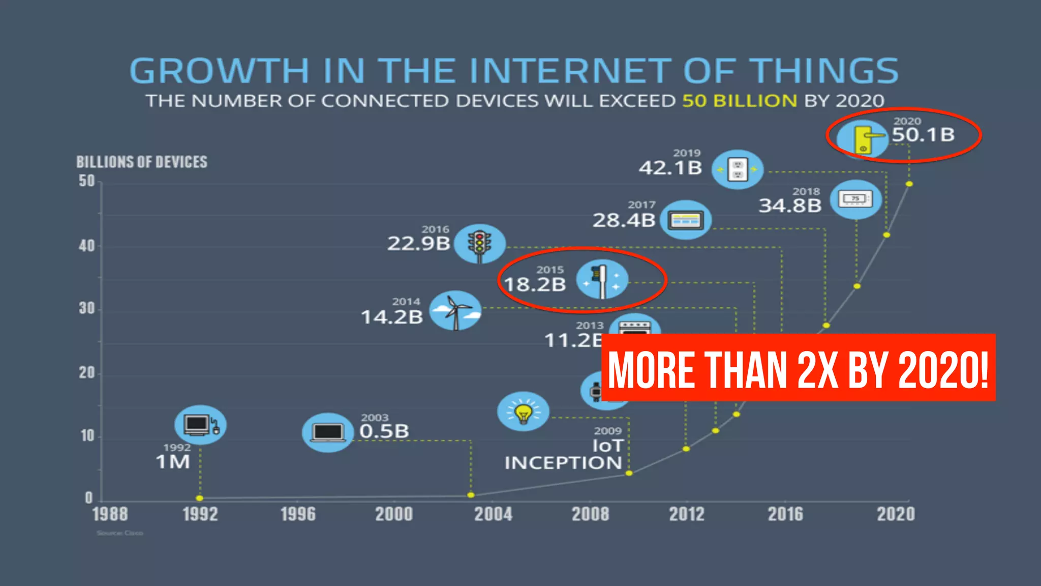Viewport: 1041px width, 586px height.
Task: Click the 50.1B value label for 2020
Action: tap(923, 135)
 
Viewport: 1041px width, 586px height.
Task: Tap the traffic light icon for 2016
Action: tap(479, 244)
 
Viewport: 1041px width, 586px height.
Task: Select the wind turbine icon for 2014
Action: tap(455, 310)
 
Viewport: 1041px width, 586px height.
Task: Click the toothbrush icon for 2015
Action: tap(602, 280)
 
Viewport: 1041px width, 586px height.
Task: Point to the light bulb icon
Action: tap(523, 411)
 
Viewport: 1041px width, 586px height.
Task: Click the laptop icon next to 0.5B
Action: tap(328, 432)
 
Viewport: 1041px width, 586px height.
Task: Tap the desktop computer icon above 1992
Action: tap(200, 425)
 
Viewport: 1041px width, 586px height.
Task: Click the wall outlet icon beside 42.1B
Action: tap(738, 169)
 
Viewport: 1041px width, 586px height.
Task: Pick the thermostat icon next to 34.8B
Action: tap(856, 199)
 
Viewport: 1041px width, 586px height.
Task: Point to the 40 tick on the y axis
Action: tap(87, 246)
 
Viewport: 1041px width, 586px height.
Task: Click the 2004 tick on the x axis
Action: tap(493, 514)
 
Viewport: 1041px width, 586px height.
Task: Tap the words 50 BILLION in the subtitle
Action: tap(740, 101)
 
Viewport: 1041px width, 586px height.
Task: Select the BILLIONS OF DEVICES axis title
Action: tap(142, 162)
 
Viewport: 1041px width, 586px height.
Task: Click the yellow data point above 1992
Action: tap(200, 498)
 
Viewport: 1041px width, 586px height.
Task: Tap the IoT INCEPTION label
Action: tap(564, 455)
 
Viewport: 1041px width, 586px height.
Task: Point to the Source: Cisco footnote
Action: tap(120, 533)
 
